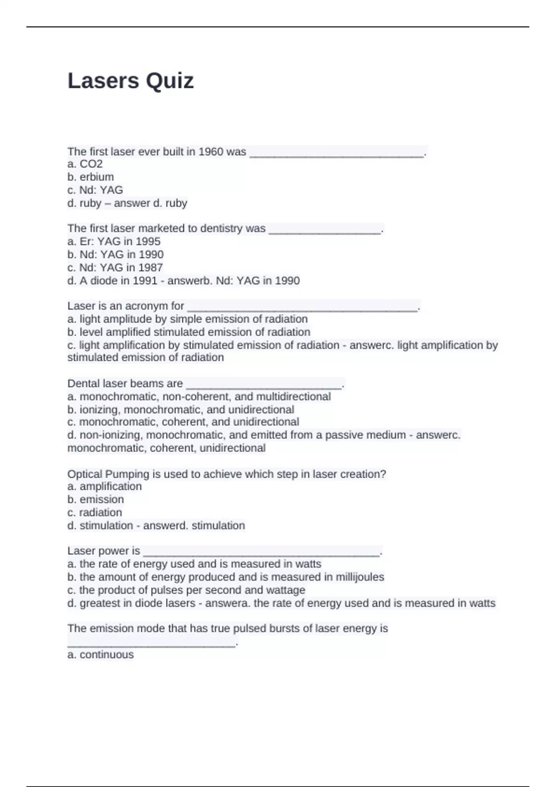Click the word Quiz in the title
pos(170,81)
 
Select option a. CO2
pos(85,164)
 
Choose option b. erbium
pos(91,177)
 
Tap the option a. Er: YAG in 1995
pos(114,242)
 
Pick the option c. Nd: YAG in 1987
pos(115,268)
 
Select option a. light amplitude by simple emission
pos(188,319)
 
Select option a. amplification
pos(105,487)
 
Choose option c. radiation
pos(95,512)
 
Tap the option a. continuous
pos(101,655)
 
